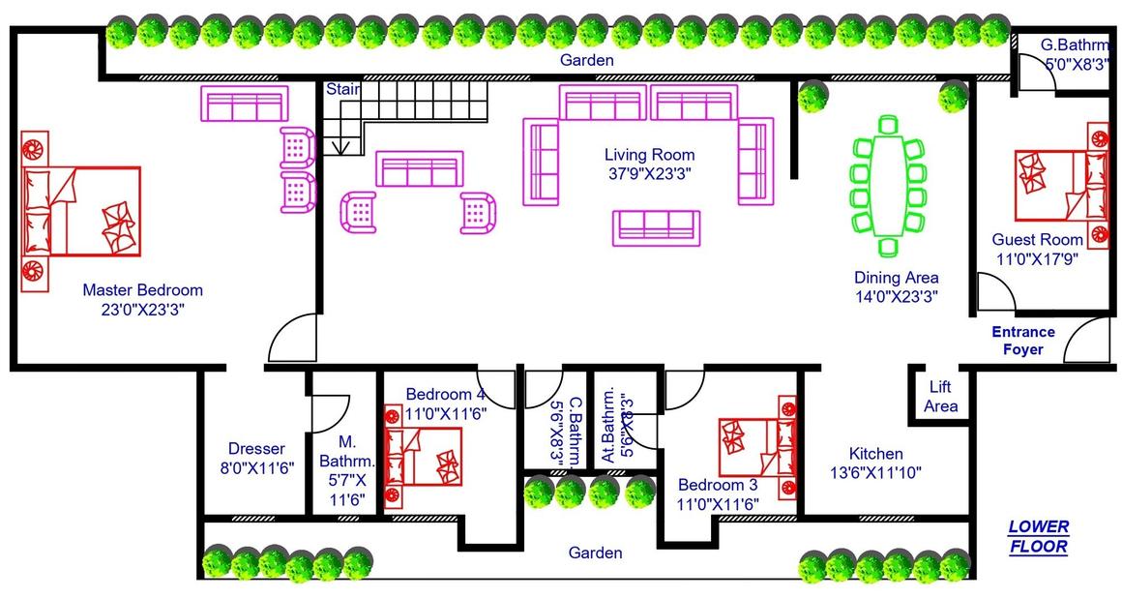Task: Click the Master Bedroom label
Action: tap(142, 290)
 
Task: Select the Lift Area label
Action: tap(940, 396)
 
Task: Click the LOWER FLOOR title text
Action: tap(1039, 537)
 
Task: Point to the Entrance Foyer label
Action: tap(1022, 341)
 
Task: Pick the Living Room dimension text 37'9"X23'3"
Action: tap(649, 174)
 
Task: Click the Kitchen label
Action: tap(875, 454)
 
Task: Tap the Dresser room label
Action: tap(256, 449)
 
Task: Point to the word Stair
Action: tap(342, 89)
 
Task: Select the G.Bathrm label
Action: tap(1074, 45)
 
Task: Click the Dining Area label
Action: tap(896, 278)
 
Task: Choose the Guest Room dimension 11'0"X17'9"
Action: tap(1037, 258)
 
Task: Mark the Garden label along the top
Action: tap(587, 61)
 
